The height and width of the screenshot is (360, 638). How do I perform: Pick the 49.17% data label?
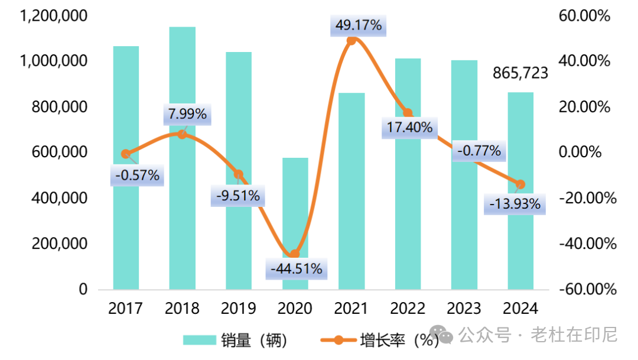[x=359, y=26]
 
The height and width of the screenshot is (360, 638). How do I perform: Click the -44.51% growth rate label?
[x=296, y=269]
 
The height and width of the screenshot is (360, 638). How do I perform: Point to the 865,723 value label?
[x=520, y=73]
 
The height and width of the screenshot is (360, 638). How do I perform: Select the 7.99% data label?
[x=187, y=114]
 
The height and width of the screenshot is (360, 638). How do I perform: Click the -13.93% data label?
[x=515, y=205]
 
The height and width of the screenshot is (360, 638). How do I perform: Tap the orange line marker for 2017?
[x=126, y=154]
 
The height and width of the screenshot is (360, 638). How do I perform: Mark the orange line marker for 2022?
[x=408, y=113]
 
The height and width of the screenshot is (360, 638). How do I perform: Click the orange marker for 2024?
[x=520, y=184]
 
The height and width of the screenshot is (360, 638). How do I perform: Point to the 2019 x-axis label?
[x=239, y=309]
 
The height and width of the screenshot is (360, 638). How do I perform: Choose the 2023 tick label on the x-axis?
[x=464, y=309]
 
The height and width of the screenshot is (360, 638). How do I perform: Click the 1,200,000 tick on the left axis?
[x=54, y=15]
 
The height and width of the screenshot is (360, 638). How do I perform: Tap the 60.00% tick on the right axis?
[x=584, y=15]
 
